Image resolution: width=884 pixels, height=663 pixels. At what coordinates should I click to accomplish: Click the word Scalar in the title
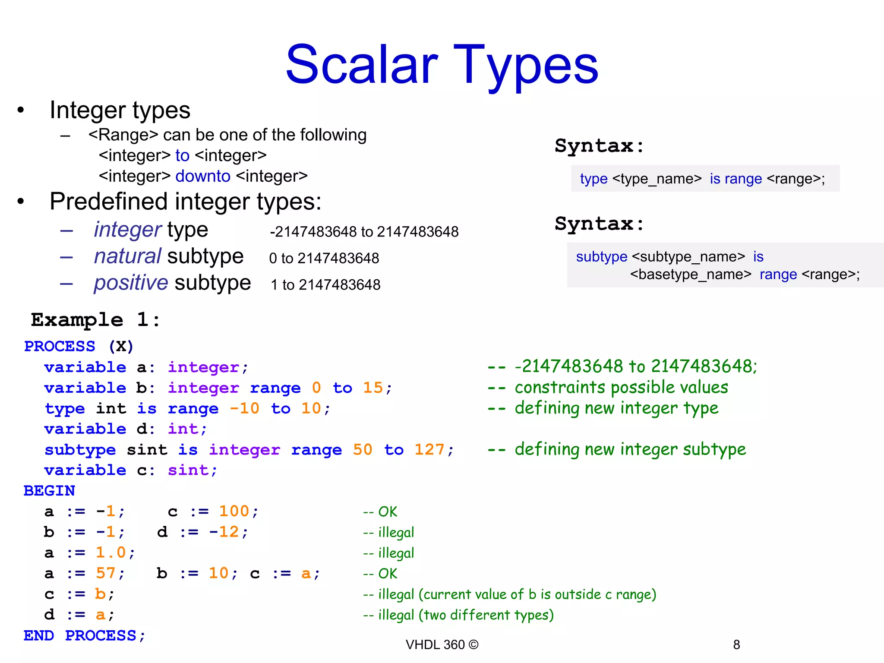362,66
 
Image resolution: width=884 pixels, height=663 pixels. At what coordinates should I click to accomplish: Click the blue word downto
203,176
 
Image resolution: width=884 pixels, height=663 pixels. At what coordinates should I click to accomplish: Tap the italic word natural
128,256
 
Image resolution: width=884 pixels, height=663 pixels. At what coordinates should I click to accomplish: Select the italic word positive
131,283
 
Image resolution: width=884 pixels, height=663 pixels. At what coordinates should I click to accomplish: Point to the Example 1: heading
95,320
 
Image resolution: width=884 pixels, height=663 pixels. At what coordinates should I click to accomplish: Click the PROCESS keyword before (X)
60,346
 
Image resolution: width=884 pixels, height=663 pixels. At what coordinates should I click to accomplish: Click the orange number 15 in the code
373,388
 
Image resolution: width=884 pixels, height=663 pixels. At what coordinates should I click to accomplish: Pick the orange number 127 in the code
429,450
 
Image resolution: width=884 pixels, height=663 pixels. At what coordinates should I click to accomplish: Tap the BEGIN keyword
49,491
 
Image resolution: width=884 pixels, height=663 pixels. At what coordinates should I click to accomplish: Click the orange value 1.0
110,552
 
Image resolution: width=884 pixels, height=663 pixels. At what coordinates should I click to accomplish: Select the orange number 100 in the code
234,511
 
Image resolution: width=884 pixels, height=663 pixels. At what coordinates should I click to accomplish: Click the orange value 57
106,573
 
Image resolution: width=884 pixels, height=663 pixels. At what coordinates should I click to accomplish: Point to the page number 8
736,645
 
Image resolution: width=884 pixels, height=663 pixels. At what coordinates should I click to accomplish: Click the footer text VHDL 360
435,645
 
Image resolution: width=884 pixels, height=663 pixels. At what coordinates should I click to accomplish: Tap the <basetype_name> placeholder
691,275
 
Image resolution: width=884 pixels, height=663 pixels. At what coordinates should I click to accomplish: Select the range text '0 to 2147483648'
324,258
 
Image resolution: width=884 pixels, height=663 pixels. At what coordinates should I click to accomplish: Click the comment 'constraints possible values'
621,388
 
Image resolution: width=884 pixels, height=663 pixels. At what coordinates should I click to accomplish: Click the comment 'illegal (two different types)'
466,615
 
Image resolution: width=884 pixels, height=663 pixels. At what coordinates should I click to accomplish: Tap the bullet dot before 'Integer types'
21,110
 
